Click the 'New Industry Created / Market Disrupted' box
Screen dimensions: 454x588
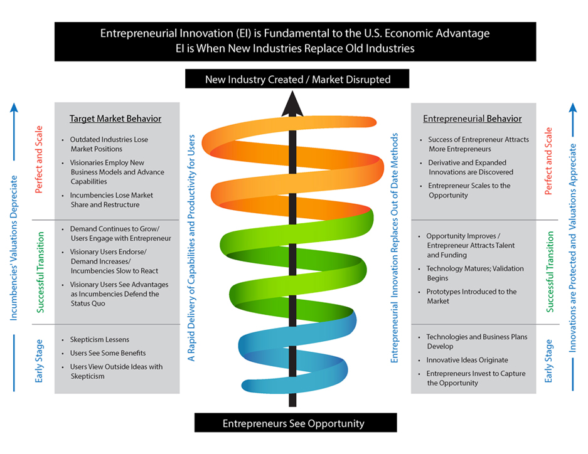297,80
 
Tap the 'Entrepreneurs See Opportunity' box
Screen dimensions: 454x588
295,423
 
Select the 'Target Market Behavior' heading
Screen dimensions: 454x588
115,119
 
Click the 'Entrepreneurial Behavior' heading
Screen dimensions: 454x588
472,119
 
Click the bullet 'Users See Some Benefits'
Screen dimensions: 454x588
108,353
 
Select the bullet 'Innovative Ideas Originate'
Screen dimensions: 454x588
468,360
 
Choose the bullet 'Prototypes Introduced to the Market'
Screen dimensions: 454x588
471,296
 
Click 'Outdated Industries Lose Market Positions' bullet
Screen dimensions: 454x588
109,144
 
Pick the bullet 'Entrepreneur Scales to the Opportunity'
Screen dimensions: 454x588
469,190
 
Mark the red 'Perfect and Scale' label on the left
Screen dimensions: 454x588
39,160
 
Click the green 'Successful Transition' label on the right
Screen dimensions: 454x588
550,272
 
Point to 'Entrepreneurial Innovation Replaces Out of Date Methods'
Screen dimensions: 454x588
395,248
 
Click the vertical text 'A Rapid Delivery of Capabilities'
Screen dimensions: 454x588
192,248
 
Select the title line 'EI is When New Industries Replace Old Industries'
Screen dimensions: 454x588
295,48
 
